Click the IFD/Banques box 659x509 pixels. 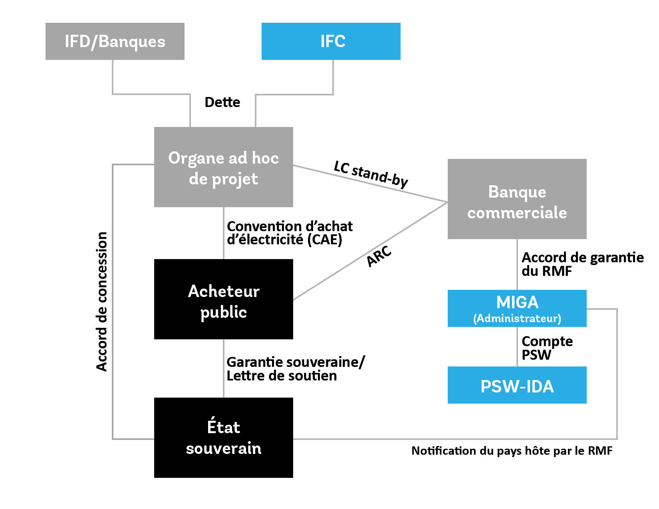(115, 42)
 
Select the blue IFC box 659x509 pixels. (331, 42)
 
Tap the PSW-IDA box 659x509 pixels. (517, 385)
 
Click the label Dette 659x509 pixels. (222, 103)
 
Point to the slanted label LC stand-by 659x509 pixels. (371, 174)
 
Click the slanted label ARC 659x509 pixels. (379, 256)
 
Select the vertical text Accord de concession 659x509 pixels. (102, 301)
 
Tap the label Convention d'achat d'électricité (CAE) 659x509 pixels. (289, 233)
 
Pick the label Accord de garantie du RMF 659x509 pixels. (582, 264)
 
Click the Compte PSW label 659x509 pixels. (546, 348)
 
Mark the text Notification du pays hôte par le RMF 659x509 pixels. (512, 451)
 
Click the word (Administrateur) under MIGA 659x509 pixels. (517, 319)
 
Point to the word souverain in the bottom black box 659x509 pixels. (223, 449)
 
